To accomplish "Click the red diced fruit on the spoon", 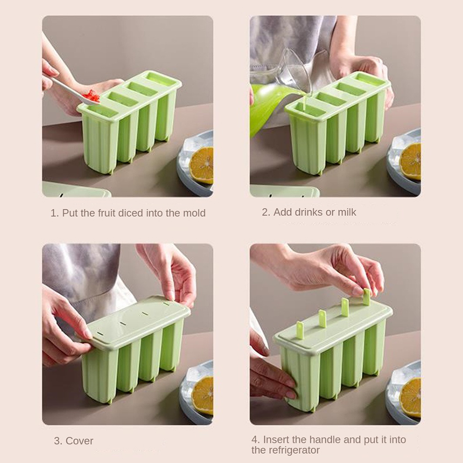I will (x=92, y=96).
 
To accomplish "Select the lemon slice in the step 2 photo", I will (x=411, y=161).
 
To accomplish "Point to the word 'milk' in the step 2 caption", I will (x=347, y=212).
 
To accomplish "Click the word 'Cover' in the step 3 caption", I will (x=80, y=441).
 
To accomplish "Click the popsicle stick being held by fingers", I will (x=366, y=297).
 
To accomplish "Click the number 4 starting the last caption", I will (x=254, y=439).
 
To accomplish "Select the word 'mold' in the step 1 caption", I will (x=194, y=213).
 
